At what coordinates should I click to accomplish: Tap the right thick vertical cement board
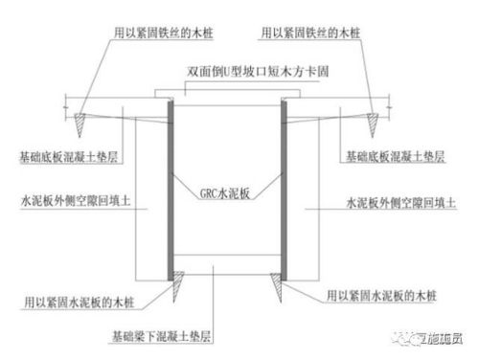point(285,187)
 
